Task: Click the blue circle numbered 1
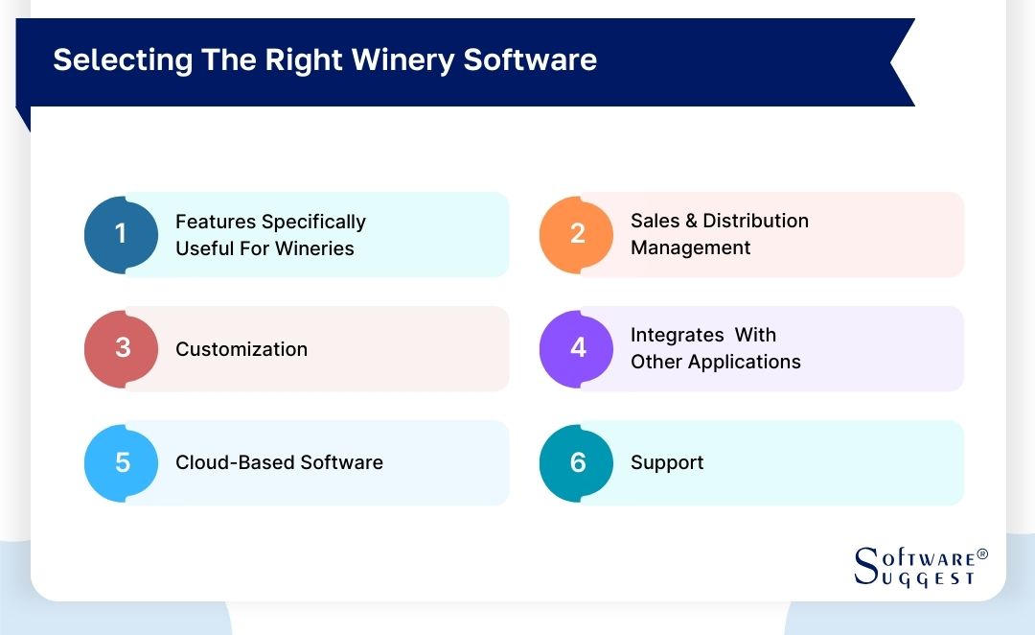(121, 234)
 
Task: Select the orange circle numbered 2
(577, 234)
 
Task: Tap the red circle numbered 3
(122, 348)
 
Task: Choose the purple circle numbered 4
(577, 348)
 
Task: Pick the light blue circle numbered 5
(122, 462)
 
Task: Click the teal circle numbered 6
(577, 462)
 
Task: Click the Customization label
(241, 349)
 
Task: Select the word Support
(667, 462)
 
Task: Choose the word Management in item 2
(690, 247)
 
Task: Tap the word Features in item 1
(216, 222)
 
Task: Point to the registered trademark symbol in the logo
(982, 554)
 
